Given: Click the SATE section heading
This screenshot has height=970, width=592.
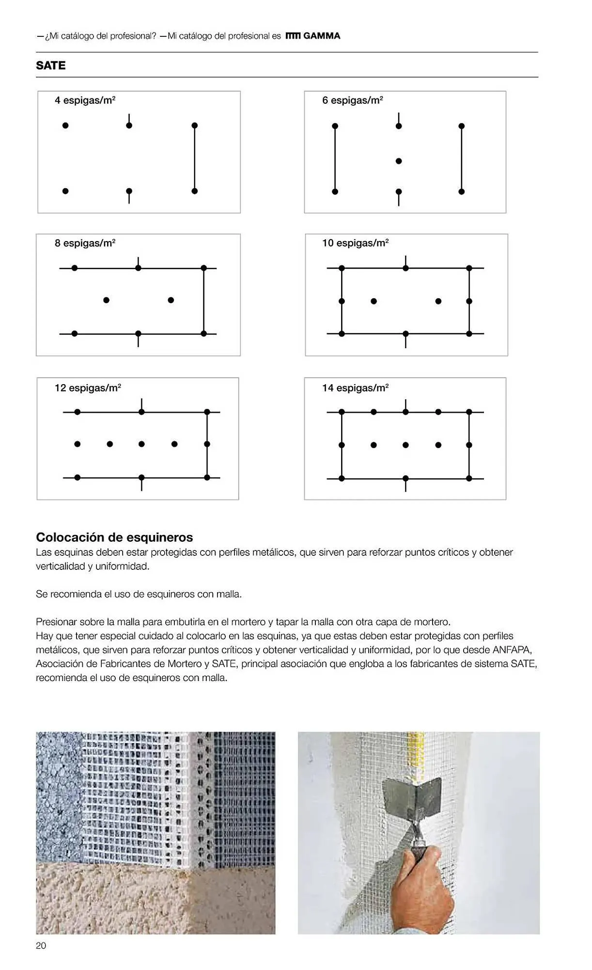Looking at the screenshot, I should click(50, 65).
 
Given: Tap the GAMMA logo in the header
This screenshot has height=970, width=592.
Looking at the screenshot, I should click(313, 36).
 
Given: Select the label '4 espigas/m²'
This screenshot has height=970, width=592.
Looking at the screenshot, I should click(85, 100).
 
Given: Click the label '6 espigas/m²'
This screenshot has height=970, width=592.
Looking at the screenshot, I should click(353, 100).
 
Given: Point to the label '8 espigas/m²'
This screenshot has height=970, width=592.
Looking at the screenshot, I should click(85, 243).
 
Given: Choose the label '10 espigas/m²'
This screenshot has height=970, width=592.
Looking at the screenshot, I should click(355, 243).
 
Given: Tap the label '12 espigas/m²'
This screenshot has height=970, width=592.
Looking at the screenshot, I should click(88, 388).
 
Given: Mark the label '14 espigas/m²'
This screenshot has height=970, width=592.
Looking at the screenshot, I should click(355, 388).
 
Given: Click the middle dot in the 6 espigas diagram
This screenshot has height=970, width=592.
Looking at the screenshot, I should click(399, 161).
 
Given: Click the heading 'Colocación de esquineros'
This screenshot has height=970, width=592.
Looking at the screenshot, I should click(114, 537).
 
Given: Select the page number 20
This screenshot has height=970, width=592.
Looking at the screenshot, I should click(41, 945).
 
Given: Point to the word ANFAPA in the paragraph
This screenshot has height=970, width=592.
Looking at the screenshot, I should click(512, 650).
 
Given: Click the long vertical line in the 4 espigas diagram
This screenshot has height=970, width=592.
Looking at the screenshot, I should click(195, 158).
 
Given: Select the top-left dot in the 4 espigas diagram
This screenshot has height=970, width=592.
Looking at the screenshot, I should click(65, 126).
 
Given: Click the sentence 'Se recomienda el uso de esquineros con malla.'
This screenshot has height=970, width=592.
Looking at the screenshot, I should click(139, 594).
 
